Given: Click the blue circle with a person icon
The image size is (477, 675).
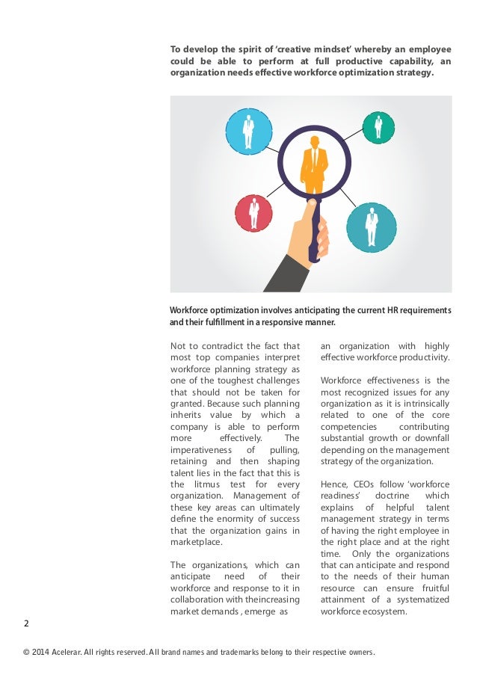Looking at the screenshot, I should tap(248, 132).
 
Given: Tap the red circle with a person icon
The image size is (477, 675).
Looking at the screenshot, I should tap(253, 212).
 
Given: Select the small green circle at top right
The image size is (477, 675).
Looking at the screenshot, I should tap(378, 127).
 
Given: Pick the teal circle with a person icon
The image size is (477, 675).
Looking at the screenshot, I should tap(371, 225).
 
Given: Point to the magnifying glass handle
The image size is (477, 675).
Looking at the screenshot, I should tap(315, 231).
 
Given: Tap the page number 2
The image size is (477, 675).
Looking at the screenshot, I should tap(26, 623).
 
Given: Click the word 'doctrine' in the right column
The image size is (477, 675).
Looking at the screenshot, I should tap(393, 496).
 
